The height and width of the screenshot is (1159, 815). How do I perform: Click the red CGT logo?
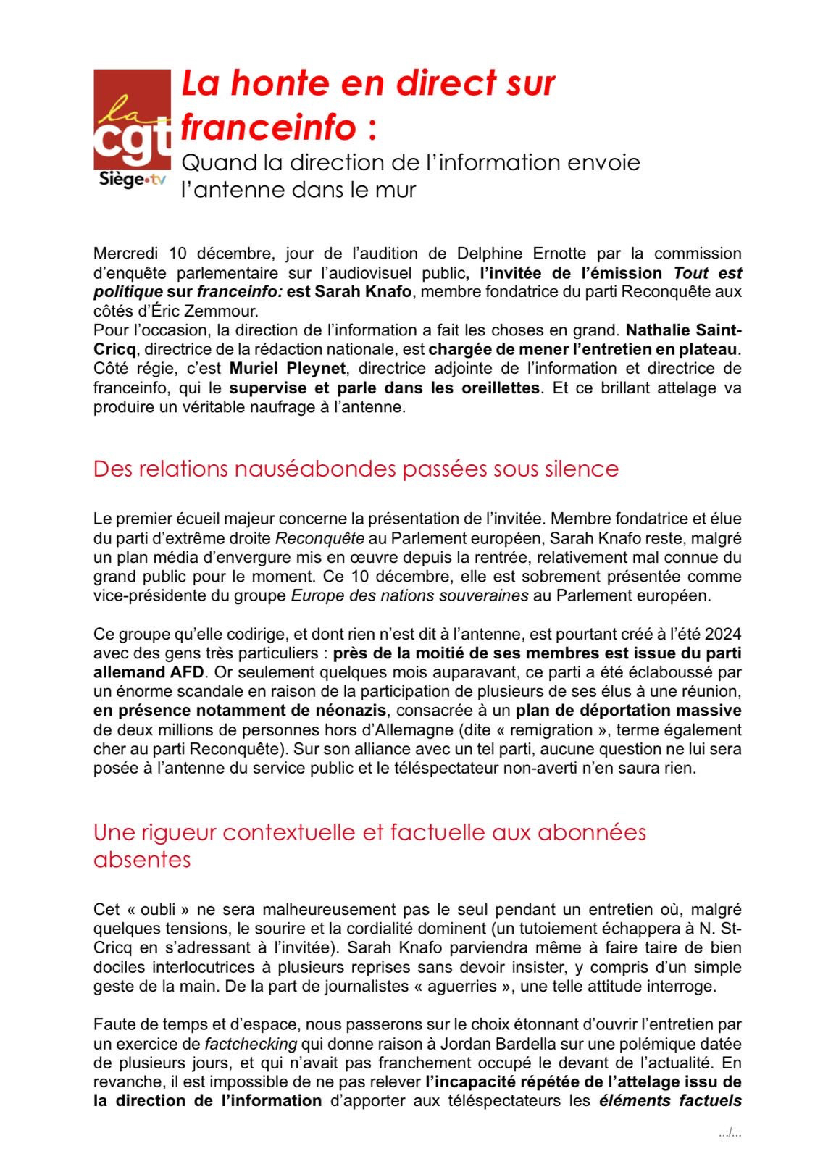click(132, 119)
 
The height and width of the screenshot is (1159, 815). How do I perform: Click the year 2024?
click(723, 634)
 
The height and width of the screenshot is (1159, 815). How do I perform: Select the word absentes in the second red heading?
click(142, 860)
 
